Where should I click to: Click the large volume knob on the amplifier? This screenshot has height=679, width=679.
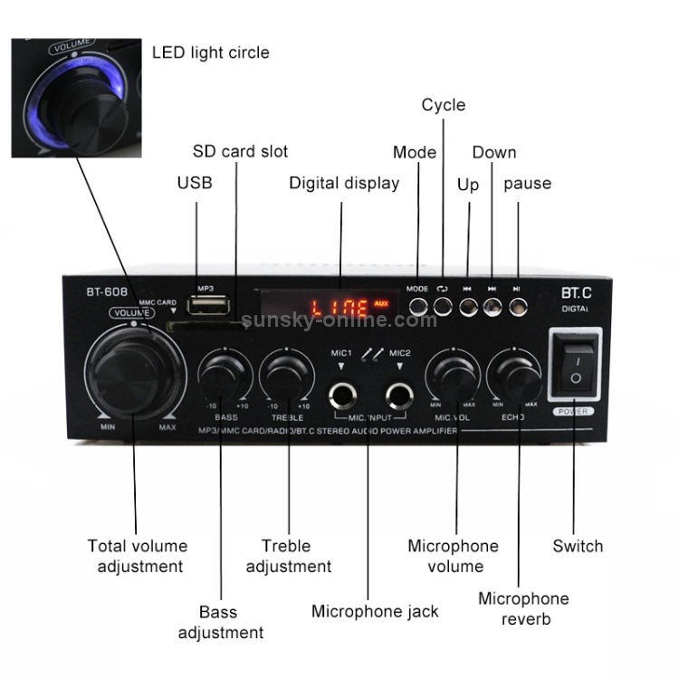[134, 370]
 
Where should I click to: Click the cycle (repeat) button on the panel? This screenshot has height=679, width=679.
[442, 305]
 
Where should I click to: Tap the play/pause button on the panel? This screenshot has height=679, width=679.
[517, 305]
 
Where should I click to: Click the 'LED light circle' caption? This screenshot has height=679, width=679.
[210, 53]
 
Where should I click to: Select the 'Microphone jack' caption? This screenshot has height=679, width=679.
[375, 611]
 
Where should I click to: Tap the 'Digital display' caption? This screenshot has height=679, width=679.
[344, 183]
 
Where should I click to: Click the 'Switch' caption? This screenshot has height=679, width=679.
[578, 546]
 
